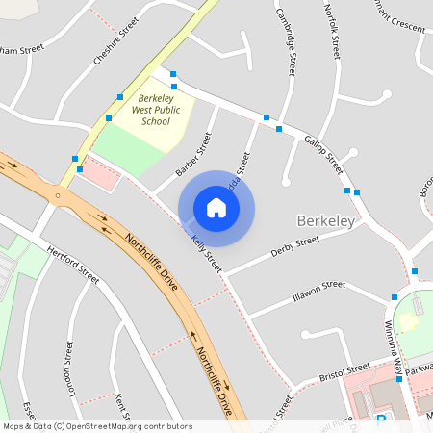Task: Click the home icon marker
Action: tap(216, 207)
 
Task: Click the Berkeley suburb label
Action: tap(326, 220)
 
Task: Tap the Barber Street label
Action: tap(193, 154)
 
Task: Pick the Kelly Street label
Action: tap(206, 253)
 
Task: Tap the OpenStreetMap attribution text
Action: tap(96, 425)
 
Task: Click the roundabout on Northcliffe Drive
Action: tap(59, 196)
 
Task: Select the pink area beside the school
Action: tap(103, 173)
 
